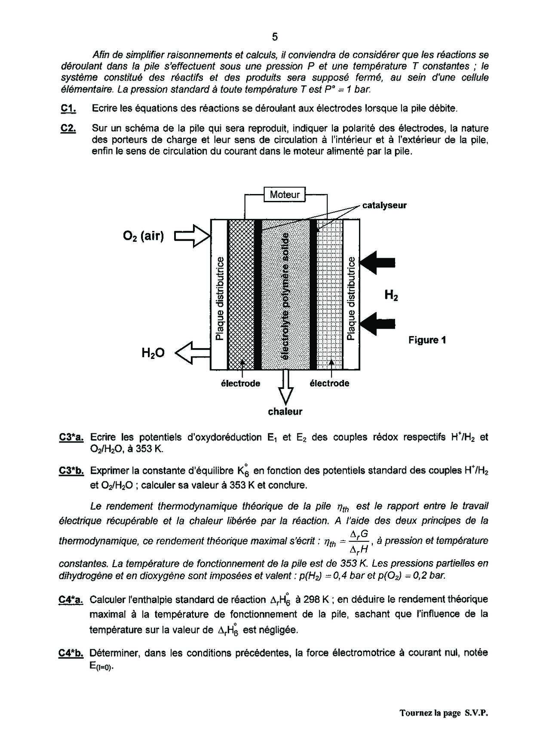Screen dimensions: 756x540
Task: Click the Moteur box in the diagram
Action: click(x=284, y=194)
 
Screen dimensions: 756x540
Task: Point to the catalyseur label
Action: click(x=384, y=205)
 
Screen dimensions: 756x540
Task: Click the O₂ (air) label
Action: click(x=143, y=236)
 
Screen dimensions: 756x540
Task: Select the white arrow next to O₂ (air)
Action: click(x=192, y=236)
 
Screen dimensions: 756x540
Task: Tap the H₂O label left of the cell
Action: click(x=153, y=353)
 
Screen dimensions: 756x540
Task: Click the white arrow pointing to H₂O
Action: click(x=192, y=353)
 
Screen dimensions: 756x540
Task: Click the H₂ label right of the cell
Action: click(x=391, y=295)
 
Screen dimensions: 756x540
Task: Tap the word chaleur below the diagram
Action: click(x=285, y=412)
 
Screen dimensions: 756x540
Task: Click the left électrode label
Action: click(x=240, y=383)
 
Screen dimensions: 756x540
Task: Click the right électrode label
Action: click(x=329, y=383)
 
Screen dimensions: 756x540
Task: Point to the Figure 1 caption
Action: click(x=427, y=340)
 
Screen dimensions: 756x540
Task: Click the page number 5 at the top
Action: click(x=275, y=37)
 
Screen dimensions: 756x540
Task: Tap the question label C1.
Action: click(x=68, y=108)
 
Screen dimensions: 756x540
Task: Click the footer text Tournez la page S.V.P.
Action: click(x=444, y=713)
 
